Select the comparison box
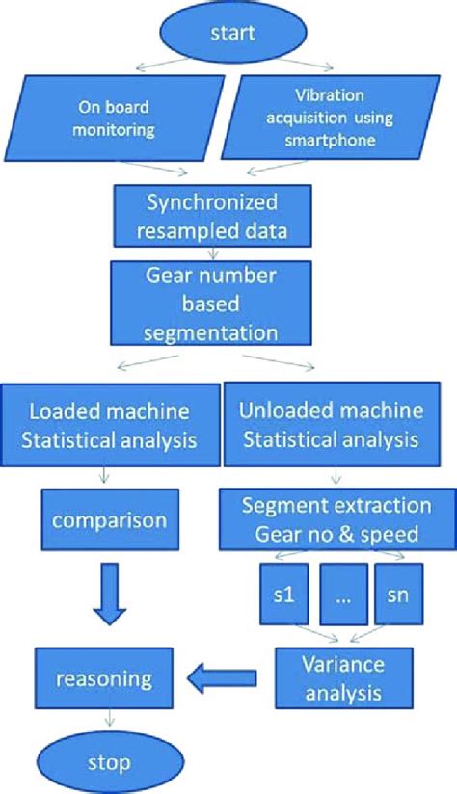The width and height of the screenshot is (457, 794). tap(108, 521)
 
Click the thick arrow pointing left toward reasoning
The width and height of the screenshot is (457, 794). tap(223, 677)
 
